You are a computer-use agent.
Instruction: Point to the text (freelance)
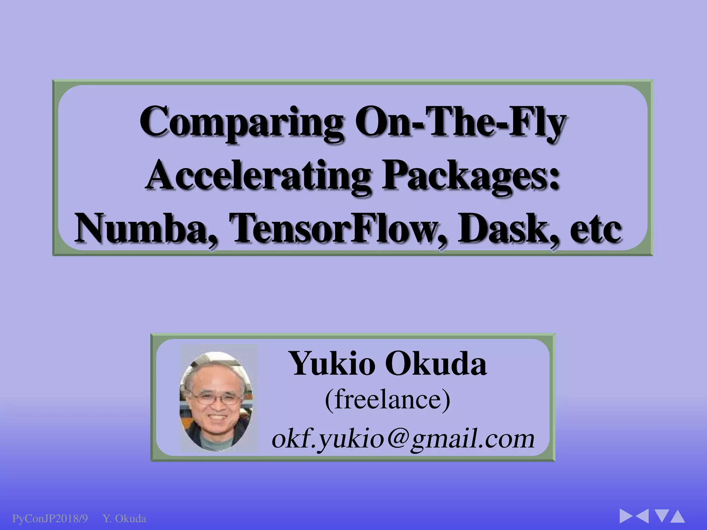point(387,400)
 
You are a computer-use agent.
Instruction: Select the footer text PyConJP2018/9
point(50,519)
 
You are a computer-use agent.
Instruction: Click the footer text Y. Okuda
point(125,519)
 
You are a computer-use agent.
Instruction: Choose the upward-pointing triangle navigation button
point(677,516)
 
